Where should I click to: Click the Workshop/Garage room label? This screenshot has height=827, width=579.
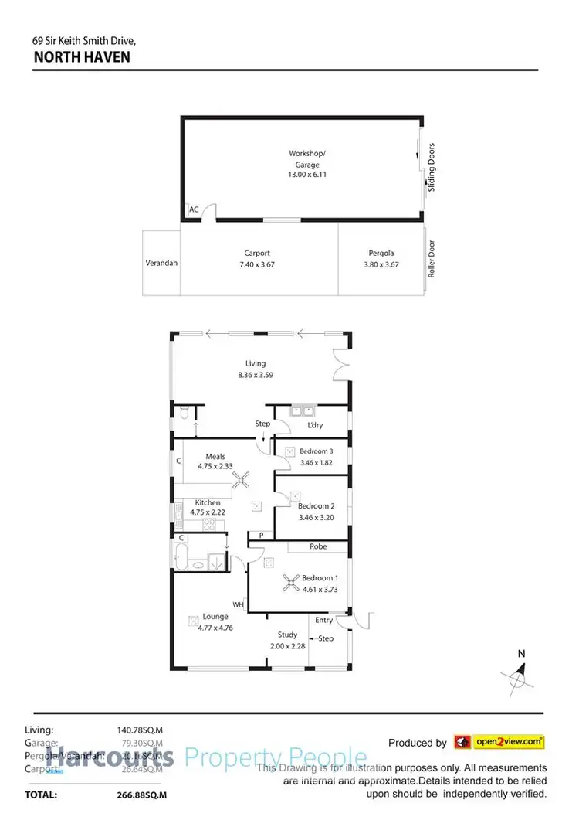302,158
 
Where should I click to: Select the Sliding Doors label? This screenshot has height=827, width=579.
432,167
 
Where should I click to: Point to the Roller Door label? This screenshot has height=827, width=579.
432,260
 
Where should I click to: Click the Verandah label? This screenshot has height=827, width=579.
161,263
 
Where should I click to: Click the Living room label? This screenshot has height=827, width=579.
256,363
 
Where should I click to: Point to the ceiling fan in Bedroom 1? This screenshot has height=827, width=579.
292,584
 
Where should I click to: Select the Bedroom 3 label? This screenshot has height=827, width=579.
317,451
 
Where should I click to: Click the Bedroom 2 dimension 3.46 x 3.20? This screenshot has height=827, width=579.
317,517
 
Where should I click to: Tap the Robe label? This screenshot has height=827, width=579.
318,546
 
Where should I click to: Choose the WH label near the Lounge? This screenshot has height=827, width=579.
239,604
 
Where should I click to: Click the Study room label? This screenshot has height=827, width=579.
288,635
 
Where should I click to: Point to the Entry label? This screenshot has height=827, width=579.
324,620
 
